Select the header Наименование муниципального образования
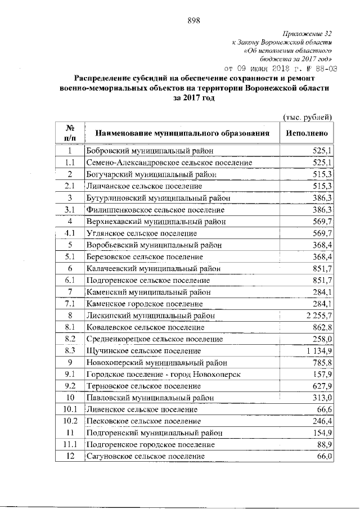[x=182, y=133]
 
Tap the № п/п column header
[x=70, y=133]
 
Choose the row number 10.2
[x=70, y=421]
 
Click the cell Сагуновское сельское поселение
[x=145, y=456]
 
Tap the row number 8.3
[x=70, y=350]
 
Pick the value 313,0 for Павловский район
[x=322, y=398]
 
